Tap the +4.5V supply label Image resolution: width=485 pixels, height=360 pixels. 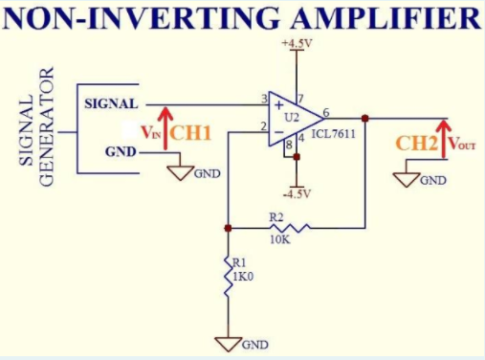click(297, 44)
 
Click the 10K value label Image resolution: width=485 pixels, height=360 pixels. click(279, 239)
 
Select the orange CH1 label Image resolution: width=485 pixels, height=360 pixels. click(190, 131)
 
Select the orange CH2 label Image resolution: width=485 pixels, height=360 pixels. click(417, 144)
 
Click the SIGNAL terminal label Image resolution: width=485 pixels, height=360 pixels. click(110, 102)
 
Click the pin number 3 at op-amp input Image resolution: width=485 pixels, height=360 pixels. click(263, 100)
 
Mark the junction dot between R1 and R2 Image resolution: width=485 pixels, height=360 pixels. click(228, 228)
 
